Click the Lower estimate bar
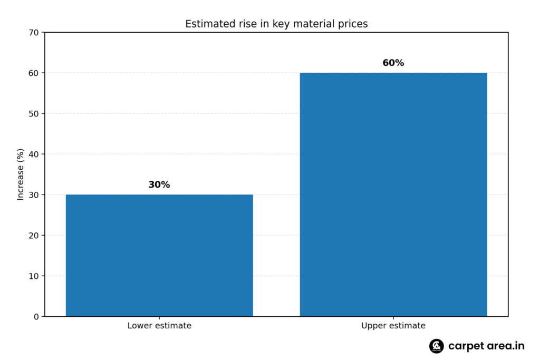pyautogui.click(x=159, y=255)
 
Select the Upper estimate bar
pyautogui.click(x=393, y=194)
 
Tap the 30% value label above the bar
pyautogui.click(x=159, y=185)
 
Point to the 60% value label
pyautogui.click(x=393, y=63)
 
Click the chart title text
pyautogui.click(x=276, y=24)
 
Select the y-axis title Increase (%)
pyautogui.click(x=21, y=174)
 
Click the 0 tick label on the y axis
pyautogui.click(x=36, y=317)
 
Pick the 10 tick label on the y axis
pyautogui.click(x=34, y=276)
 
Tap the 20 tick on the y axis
pyautogui.click(x=34, y=236)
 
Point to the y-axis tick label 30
pyautogui.click(x=34, y=195)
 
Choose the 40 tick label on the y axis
pyautogui.click(x=34, y=154)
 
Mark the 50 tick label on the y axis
pyautogui.click(x=34, y=114)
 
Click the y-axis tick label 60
pyautogui.click(x=34, y=73)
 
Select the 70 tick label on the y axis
pyautogui.click(x=34, y=33)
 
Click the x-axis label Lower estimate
pyautogui.click(x=159, y=326)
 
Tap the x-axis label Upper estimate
pyautogui.click(x=393, y=326)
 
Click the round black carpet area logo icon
pyautogui.click(x=436, y=346)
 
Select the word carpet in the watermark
pyautogui.click(x=464, y=346)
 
